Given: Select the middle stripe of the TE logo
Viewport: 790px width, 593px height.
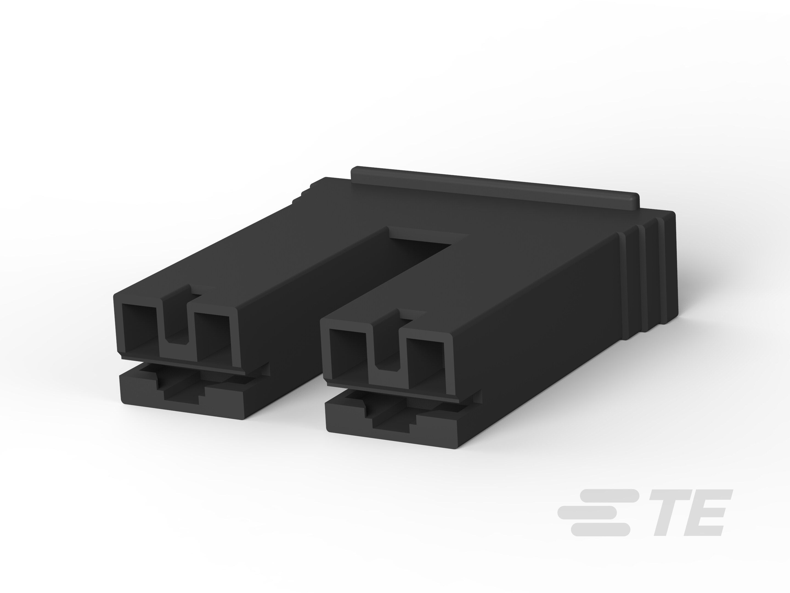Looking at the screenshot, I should point(588,513).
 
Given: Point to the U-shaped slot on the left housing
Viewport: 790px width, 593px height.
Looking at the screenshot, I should point(177,322).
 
